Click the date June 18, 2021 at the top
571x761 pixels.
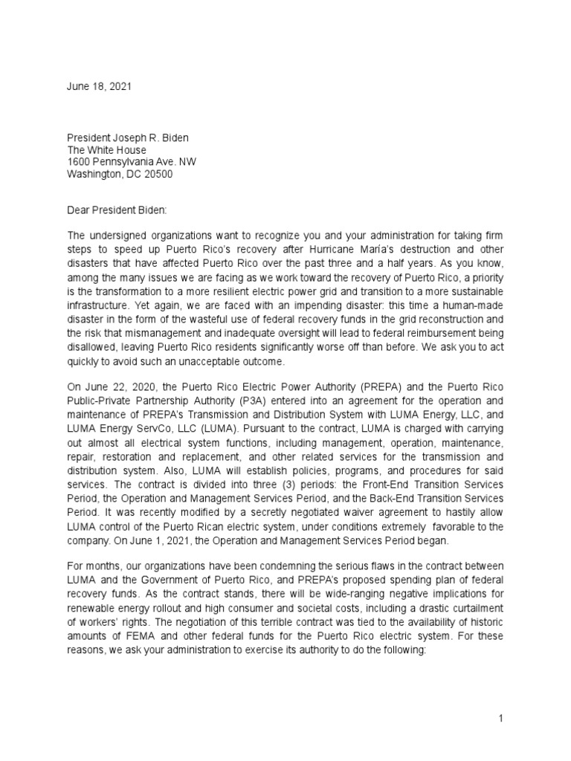(100, 86)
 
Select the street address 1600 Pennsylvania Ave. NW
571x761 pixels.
(132, 162)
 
